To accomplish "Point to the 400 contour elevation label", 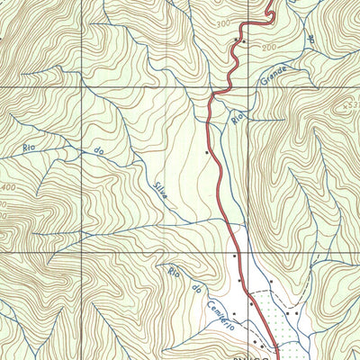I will point(8,187).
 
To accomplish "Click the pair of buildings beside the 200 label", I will point(240,40).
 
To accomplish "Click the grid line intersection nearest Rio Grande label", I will point(246,87).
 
